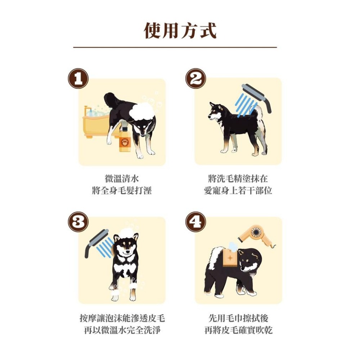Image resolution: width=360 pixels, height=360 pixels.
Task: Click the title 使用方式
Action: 180,30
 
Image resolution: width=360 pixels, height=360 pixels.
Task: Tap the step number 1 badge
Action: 78,78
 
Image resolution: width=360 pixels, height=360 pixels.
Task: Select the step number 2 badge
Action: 195,78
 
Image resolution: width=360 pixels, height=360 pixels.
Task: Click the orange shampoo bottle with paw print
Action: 125,139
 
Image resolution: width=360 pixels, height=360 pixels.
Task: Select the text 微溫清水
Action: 122,179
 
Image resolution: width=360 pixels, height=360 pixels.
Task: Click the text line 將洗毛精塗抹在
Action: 238,179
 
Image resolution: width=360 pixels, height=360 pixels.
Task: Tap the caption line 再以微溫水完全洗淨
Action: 122,330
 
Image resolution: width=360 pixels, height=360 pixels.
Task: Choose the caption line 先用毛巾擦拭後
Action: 238,318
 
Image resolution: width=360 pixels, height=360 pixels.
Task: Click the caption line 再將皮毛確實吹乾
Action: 238,330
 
